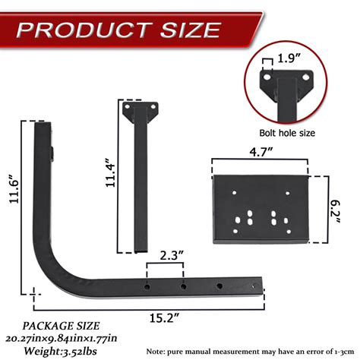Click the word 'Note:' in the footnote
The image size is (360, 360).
[x=163, y=350]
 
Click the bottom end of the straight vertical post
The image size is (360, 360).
[x=141, y=248]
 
